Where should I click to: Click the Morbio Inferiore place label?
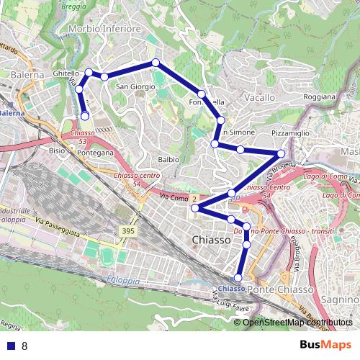point(104,29)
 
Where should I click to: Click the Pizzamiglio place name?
point(291,134)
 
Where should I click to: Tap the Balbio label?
point(168,159)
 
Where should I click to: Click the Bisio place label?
point(56,152)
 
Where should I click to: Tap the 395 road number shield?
point(127,230)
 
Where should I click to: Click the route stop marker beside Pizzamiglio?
point(281,153)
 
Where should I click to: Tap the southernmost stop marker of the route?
point(238,278)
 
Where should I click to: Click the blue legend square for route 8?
point(10,346)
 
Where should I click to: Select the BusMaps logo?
point(326,345)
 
